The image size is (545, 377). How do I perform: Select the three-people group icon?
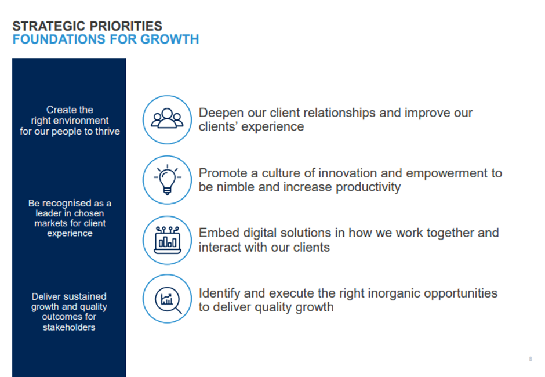pos(167,118)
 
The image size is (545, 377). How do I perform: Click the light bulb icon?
pos(167,179)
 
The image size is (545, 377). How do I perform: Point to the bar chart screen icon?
pos(167,240)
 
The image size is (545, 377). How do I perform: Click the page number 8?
pos(531,359)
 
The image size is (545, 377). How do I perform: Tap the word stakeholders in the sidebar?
pos(69,327)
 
